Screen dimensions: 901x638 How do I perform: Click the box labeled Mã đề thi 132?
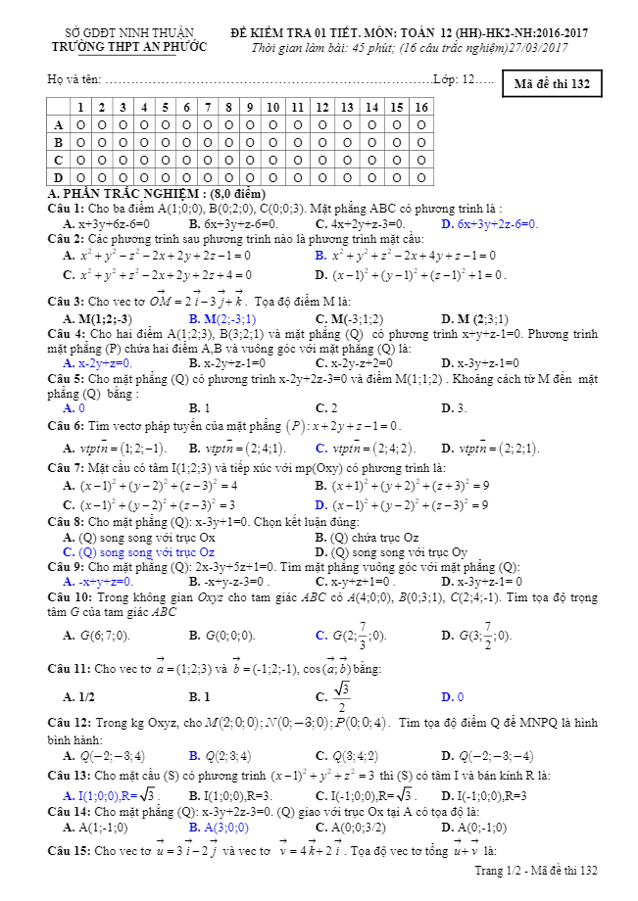pyautogui.click(x=552, y=84)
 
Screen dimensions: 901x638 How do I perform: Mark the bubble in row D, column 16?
pyautogui.click(x=421, y=177)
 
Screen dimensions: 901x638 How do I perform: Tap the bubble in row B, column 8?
pyautogui.click(x=228, y=142)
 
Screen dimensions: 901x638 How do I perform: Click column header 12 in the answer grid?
pyautogui.click(x=321, y=107)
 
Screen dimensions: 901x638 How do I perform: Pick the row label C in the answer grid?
pyautogui.click(x=58, y=160)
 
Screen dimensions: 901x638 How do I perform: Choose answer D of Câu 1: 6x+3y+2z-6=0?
pyautogui.click(x=490, y=224)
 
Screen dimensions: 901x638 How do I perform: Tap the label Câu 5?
pyautogui.click(x=66, y=378)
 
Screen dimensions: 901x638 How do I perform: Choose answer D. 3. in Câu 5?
pyautogui.click(x=454, y=407)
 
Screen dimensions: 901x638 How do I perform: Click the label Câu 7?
pyautogui.click(x=66, y=468)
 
